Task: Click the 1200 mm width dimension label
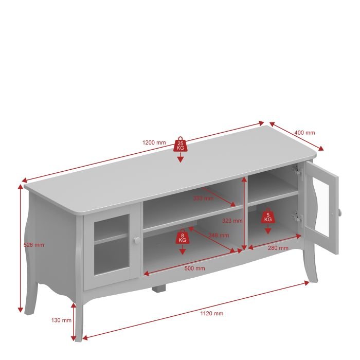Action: pyautogui.click(x=154, y=142)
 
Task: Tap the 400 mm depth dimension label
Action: pyautogui.click(x=304, y=133)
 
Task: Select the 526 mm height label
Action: pyautogui.click(x=34, y=245)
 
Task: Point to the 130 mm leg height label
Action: pyautogui.click(x=61, y=320)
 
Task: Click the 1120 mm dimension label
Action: pyautogui.click(x=212, y=313)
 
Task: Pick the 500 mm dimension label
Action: pyautogui.click(x=195, y=268)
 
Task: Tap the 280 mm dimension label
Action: pyautogui.click(x=278, y=248)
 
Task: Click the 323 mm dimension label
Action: pyautogui.click(x=232, y=221)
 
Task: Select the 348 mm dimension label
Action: pyautogui.click(x=219, y=236)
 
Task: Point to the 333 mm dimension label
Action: pyautogui.click(x=204, y=199)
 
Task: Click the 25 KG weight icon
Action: pyautogui.click(x=181, y=145)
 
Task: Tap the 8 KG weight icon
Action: pyautogui.click(x=182, y=237)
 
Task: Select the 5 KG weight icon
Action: pyautogui.click(x=268, y=216)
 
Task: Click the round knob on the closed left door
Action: pyautogui.click(x=137, y=240)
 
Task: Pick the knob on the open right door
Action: pyautogui.click(x=339, y=212)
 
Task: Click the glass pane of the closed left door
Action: pyautogui.click(x=111, y=245)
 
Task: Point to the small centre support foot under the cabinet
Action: pyautogui.click(x=158, y=289)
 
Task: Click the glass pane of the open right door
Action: pyautogui.click(x=321, y=207)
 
